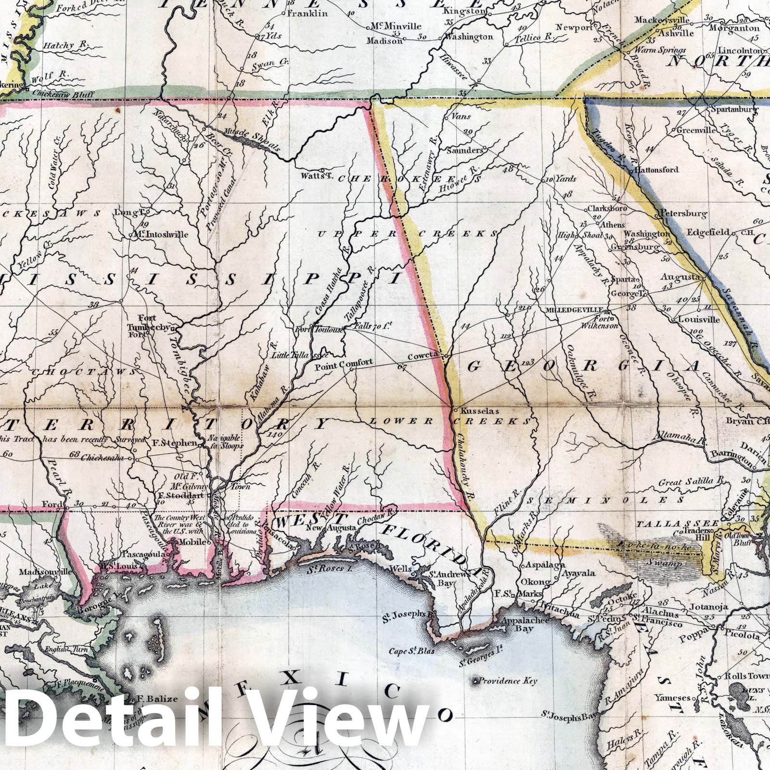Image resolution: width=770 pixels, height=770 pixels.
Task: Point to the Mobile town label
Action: (x=192, y=542)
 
